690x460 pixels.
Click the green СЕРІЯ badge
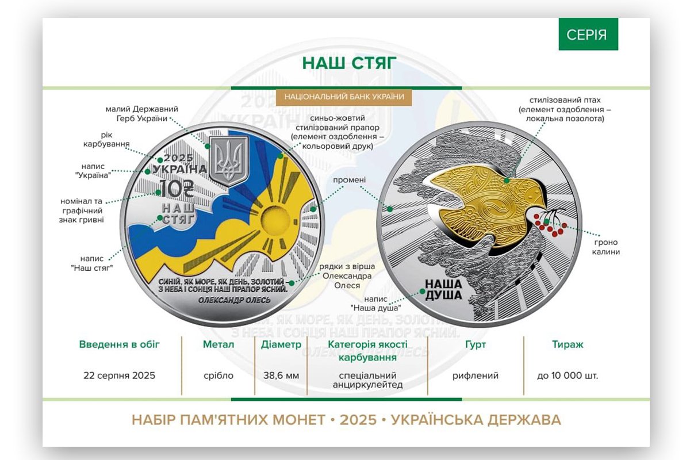pyautogui.click(x=588, y=34)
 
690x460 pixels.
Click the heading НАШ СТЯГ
pyautogui.click(x=349, y=63)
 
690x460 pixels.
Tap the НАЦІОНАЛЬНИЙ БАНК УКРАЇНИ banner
pyautogui.click(x=344, y=97)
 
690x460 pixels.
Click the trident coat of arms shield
pyautogui.click(x=229, y=161)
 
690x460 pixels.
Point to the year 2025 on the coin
pyautogui.click(x=178, y=158)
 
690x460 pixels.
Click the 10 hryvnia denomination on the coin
pyautogui.click(x=176, y=189)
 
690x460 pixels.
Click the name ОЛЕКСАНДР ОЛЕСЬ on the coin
pyautogui.click(x=234, y=300)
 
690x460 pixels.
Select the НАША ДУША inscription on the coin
pyautogui.click(x=443, y=290)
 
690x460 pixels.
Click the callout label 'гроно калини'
pyautogui.click(x=606, y=247)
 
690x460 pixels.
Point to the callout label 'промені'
pyautogui.click(x=350, y=180)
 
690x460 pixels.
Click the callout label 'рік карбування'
pyautogui.click(x=106, y=140)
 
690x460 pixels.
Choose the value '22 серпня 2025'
pyautogui.click(x=119, y=375)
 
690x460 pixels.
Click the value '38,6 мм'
pyautogui.click(x=281, y=375)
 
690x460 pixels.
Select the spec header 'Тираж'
pyautogui.click(x=568, y=344)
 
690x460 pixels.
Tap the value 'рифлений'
pyautogui.click(x=476, y=376)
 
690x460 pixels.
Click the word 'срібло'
pyautogui.click(x=218, y=376)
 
